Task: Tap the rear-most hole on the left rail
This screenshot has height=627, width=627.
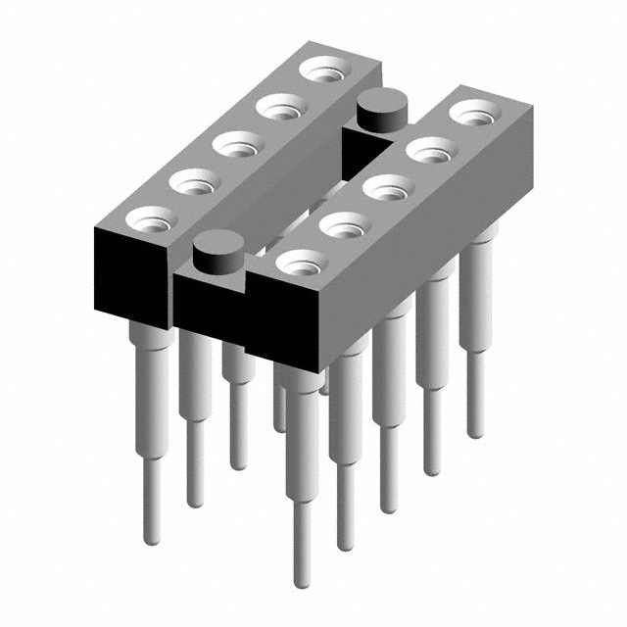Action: tap(324, 70)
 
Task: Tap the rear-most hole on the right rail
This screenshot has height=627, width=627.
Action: tap(473, 112)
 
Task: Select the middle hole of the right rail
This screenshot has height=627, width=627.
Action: tap(387, 187)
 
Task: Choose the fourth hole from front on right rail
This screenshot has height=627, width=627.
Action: tap(430, 150)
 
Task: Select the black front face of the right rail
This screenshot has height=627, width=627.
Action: tap(284, 328)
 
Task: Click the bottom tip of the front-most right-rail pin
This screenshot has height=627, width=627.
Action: tap(303, 582)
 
